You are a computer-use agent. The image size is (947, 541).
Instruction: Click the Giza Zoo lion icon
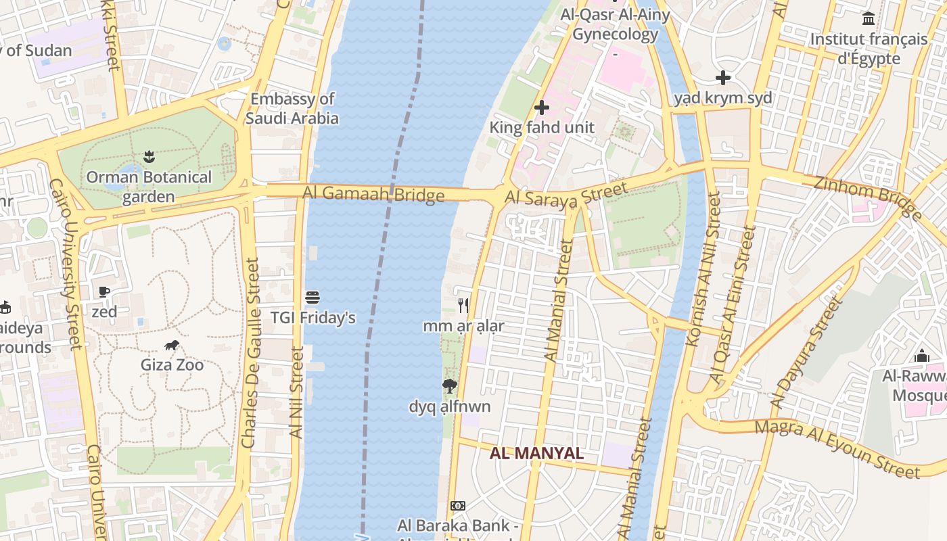point(172,346)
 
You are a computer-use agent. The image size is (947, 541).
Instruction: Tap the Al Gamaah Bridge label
point(373,194)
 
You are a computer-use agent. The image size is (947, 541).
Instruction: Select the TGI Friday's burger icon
point(313,298)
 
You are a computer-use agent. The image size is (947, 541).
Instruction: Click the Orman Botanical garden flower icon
point(148,158)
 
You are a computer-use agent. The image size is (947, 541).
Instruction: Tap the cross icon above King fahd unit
point(541,108)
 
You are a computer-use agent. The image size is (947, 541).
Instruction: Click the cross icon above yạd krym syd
point(722,78)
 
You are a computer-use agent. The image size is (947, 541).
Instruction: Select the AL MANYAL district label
point(536,453)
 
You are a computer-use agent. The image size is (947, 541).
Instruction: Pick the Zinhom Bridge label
point(867,197)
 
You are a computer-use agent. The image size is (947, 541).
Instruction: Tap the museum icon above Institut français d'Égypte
point(869,19)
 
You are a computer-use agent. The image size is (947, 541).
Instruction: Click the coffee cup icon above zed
point(104,292)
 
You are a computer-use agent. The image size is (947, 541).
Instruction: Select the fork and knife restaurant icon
point(463,306)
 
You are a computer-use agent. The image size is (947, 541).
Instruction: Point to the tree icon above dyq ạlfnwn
point(449,386)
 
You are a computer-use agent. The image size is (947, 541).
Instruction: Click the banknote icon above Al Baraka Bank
point(458,506)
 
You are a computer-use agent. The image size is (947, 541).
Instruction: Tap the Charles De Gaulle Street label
point(250,352)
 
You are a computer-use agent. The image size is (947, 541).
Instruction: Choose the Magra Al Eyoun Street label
point(837,448)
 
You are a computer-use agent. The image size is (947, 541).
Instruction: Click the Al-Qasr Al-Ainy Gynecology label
point(615,24)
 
